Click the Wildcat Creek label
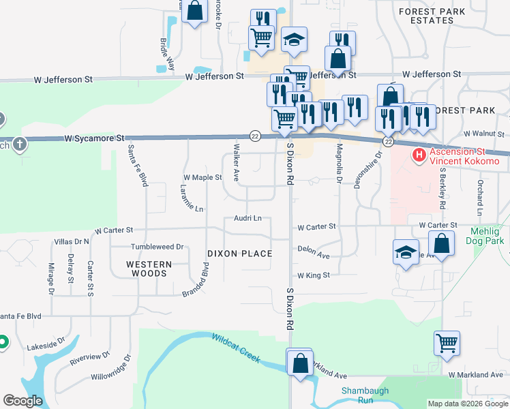[x=236, y=348]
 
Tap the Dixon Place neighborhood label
[x=240, y=254]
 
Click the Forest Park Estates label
[x=432, y=16]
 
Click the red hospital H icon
[x=419, y=156]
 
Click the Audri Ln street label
[x=247, y=218]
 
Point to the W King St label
[x=313, y=275]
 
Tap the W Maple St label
[x=202, y=177]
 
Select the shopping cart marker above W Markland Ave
[x=447, y=344]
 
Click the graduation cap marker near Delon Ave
[x=406, y=252]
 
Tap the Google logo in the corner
[x=22, y=401]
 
